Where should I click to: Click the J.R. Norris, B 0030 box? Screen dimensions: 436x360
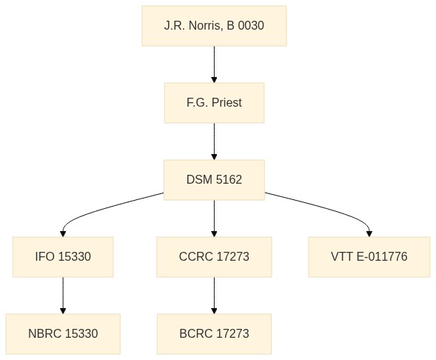(x=214, y=26)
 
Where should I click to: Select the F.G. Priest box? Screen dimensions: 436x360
(x=214, y=103)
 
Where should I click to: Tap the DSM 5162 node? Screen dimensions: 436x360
(x=214, y=180)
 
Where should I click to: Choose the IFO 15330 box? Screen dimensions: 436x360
(x=63, y=257)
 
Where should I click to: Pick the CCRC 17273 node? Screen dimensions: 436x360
(x=214, y=257)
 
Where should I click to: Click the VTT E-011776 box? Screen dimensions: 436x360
(x=369, y=257)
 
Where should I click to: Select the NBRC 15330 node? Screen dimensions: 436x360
(x=63, y=334)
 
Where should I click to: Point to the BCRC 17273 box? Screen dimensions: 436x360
(x=214, y=334)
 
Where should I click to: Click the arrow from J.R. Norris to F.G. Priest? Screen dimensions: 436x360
(x=214, y=64)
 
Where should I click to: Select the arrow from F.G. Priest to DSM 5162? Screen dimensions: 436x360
(x=214, y=141)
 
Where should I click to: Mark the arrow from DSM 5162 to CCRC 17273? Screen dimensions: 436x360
(x=214, y=219)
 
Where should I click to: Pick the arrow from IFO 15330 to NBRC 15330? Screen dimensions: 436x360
(x=63, y=296)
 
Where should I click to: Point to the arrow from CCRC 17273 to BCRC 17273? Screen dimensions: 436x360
(x=214, y=296)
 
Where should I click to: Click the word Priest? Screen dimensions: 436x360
(x=227, y=103)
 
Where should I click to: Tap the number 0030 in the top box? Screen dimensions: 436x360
(x=251, y=26)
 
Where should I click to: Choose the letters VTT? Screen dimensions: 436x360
(x=342, y=257)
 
